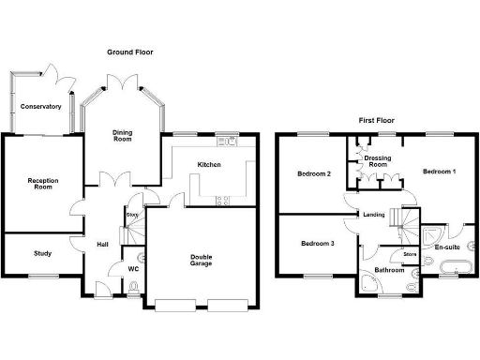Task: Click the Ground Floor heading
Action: coord(130,52)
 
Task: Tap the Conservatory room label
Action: coord(41,107)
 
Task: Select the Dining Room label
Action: coord(122,137)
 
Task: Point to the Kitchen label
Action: coord(208,165)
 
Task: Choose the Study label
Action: coord(42,253)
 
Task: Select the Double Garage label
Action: coord(201,259)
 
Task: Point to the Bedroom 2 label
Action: coord(314,173)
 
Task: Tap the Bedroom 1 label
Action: coord(439,172)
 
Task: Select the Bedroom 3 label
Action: coord(317,244)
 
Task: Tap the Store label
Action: coord(409,254)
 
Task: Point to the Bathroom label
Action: coord(387,271)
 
